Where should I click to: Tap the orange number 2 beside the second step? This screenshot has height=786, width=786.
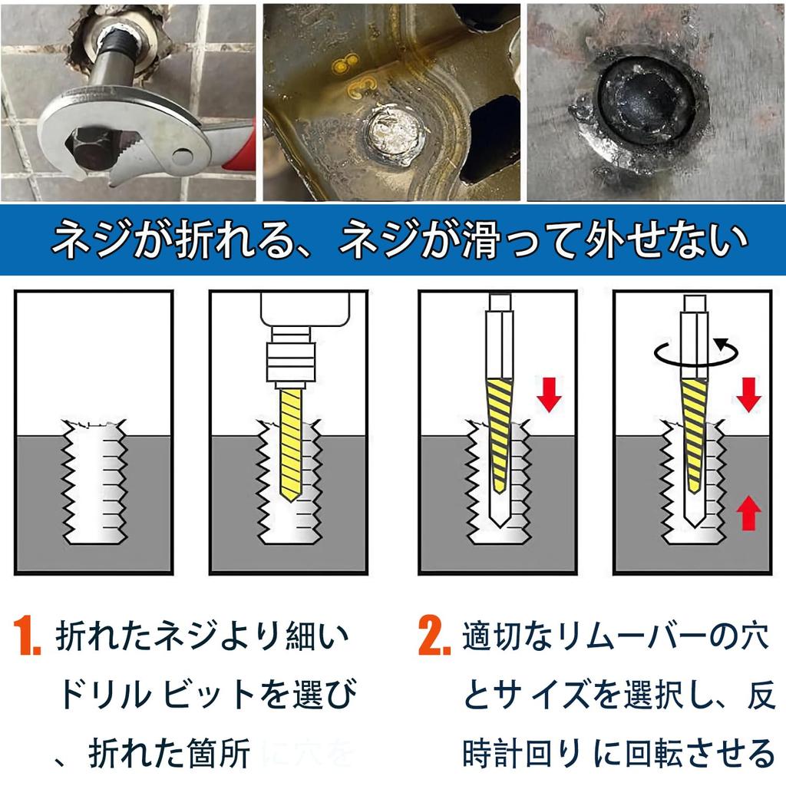[x=434, y=636]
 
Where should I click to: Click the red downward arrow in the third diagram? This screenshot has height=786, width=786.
[x=549, y=392]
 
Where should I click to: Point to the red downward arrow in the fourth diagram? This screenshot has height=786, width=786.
[x=749, y=392]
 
